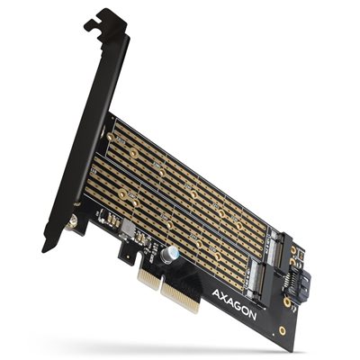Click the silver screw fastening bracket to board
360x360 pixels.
[68, 218]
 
